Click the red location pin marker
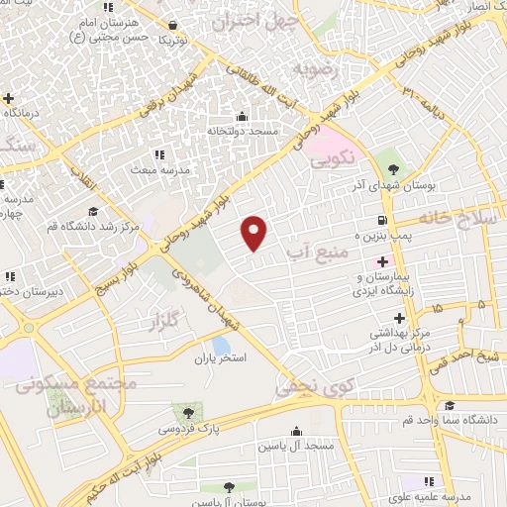click(255, 232)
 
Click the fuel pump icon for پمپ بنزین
click(380, 220)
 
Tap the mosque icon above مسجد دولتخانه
click(242, 117)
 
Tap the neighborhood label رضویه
click(315, 70)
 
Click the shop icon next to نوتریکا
click(173, 26)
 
